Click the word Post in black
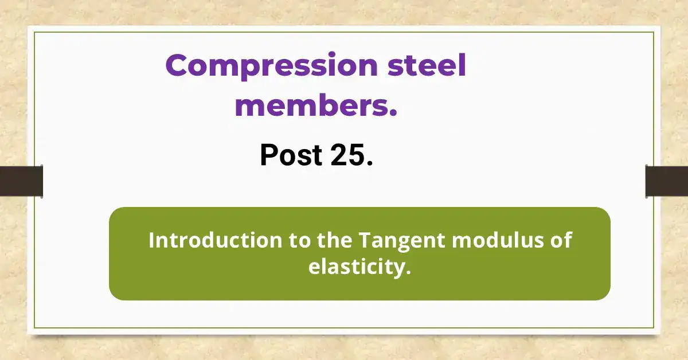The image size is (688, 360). pos(290,155)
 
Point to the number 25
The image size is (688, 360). pos(348,155)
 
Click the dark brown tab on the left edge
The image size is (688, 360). pos(21,181)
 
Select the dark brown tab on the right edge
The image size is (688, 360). pos(667,181)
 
